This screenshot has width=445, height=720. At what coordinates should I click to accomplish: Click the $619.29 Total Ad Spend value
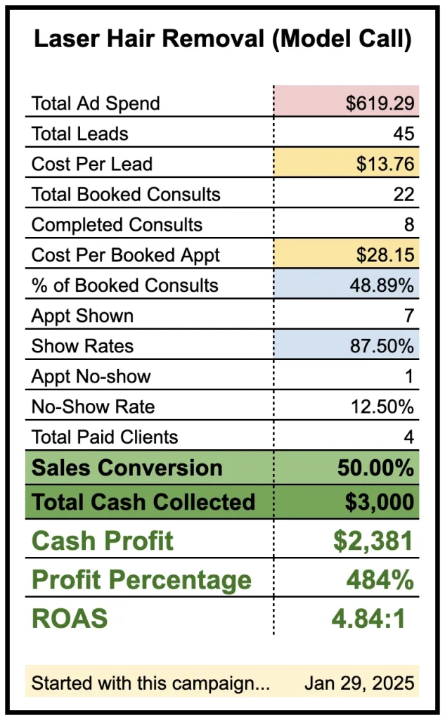[x=380, y=103]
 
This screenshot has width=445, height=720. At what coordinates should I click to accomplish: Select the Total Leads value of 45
[x=404, y=134]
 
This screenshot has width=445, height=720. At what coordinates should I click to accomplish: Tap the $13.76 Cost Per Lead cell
[x=385, y=164]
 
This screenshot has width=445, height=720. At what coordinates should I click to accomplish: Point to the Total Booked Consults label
[x=126, y=195]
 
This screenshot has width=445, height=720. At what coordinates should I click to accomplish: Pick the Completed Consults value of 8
[x=408, y=225]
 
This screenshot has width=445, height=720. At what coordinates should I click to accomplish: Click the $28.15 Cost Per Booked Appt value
[x=385, y=255]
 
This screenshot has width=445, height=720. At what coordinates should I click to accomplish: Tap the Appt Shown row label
[x=82, y=316]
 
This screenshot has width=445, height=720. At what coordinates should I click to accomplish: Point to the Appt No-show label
[x=91, y=376]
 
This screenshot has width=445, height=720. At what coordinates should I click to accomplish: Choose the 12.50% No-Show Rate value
[x=382, y=406]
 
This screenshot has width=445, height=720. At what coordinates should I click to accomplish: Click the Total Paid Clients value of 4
[x=408, y=437]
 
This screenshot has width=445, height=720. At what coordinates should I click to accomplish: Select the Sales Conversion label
[x=127, y=468]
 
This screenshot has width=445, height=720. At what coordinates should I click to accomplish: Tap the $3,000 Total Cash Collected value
[x=379, y=502]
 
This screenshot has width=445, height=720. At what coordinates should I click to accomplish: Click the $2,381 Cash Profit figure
[x=373, y=541]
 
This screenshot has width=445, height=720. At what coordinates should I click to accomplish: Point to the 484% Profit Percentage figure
[x=379, y=580]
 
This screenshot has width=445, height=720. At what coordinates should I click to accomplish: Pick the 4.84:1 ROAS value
[x=368, y=619]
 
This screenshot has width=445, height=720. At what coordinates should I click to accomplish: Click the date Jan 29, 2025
[x=359, y=683]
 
